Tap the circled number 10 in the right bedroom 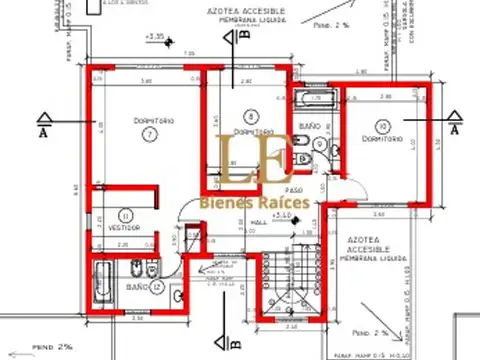point(383,125)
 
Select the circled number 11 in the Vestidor point(126,214)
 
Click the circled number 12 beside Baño point(158,287)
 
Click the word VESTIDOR point(124,228)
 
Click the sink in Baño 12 point(176,296)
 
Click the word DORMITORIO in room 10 point(383,140)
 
